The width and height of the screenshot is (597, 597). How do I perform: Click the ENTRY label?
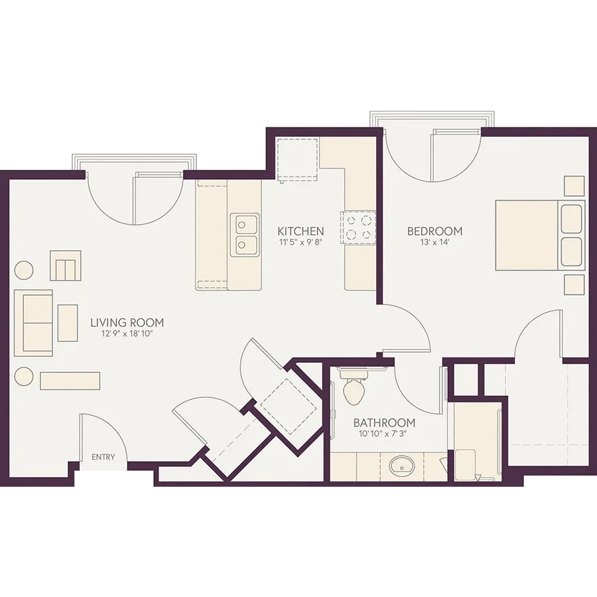click(103, 457)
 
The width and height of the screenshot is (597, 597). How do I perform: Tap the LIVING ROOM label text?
click(127, 323)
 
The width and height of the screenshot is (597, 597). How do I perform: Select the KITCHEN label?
click(300, 231)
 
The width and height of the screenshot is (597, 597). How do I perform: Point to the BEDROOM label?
click(434, 231)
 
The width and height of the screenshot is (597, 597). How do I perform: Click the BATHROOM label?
click(384, 423)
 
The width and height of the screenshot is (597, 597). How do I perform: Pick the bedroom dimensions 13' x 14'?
click(435, 242)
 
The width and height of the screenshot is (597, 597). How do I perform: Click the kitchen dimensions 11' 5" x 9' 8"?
click(300, 242)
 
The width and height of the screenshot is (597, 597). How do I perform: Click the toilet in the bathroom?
click(354, 385)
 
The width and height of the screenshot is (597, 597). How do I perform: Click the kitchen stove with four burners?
click(358, 227)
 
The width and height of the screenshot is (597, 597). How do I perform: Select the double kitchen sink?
click(244, 235)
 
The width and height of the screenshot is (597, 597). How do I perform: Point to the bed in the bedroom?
click(539, 235)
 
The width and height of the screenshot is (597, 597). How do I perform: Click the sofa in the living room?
click(34, 323)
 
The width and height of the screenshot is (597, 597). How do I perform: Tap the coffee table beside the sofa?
click(68, 323)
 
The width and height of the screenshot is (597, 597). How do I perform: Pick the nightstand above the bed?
click(574, 186)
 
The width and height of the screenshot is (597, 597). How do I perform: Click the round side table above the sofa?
click(24, 271)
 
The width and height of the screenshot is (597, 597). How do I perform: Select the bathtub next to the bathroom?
click(478, 442)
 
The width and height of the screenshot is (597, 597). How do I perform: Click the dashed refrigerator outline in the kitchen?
click(298, 161)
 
